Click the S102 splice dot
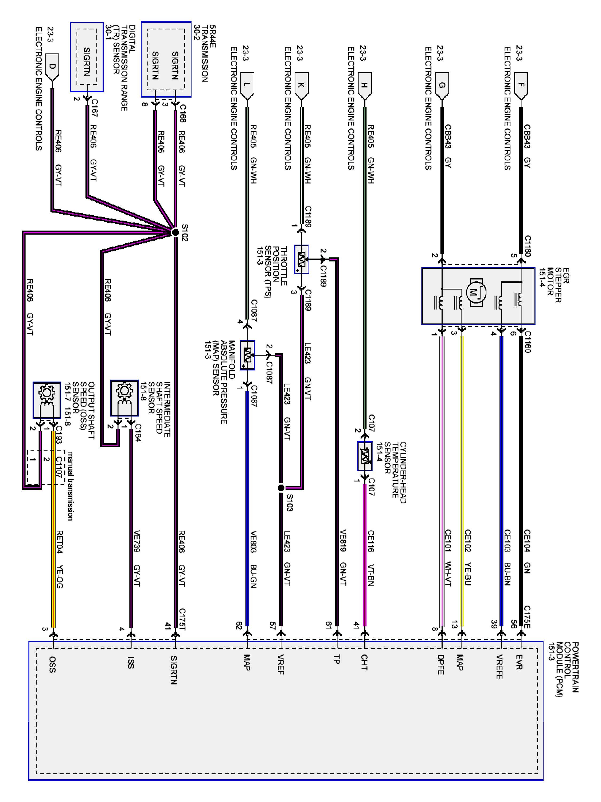click(175, 232)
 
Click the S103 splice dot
click(281, 488)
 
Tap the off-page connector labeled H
click(364, 86)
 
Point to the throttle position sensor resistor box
click(301, 259)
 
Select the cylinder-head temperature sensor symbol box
click(364, 456)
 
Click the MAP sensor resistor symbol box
click(247, 355)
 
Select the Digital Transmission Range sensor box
click(87, 57)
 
